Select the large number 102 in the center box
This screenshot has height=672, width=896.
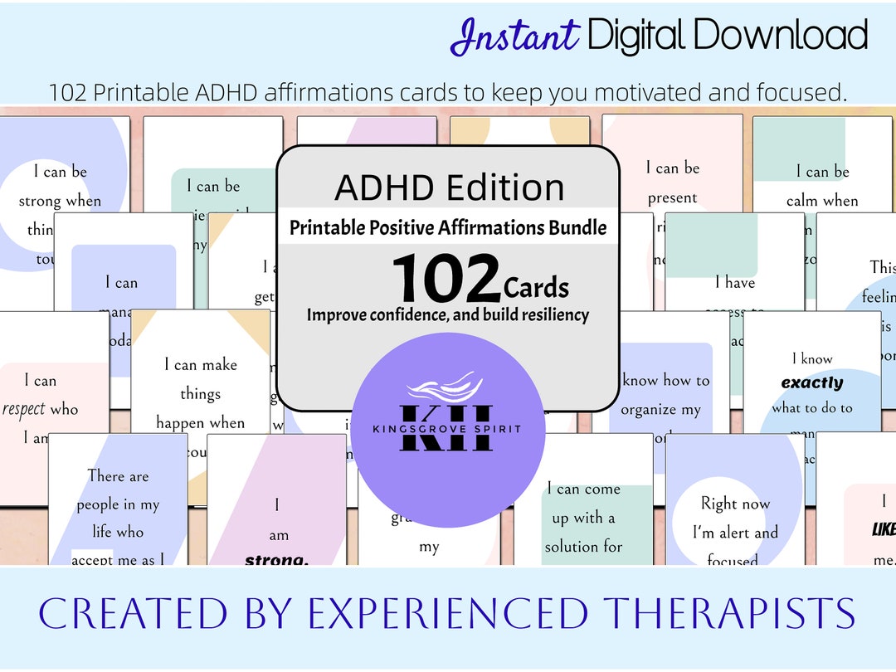coord(446,279)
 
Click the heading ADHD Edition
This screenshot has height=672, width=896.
coord(449,187)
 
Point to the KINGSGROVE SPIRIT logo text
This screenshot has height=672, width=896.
coord(448,429)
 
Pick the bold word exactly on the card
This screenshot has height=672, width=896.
coord(812,383)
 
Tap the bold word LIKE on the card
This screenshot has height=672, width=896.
coord(884,529)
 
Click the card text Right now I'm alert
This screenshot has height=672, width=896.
coord(735,518)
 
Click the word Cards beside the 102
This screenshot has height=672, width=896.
coord(536,288)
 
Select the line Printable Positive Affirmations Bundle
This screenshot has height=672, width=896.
coord(448,227)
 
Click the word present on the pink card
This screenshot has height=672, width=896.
coord(672,198)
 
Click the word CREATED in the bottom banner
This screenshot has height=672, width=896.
coord(109,614)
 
